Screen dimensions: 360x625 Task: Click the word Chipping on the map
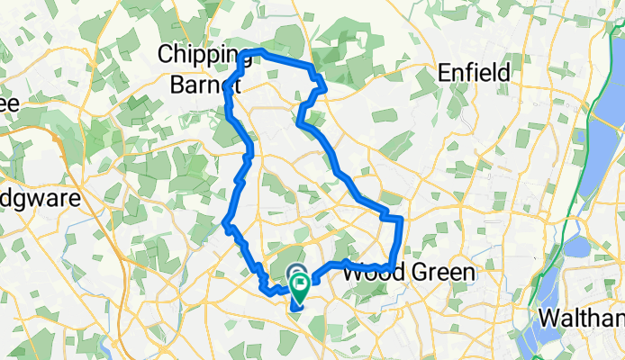tap(201, 55)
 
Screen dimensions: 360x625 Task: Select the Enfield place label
tap(474, 72)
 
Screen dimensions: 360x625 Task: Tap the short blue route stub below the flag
tap(294, 308)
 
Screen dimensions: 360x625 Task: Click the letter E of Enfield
tap(444, 72)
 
